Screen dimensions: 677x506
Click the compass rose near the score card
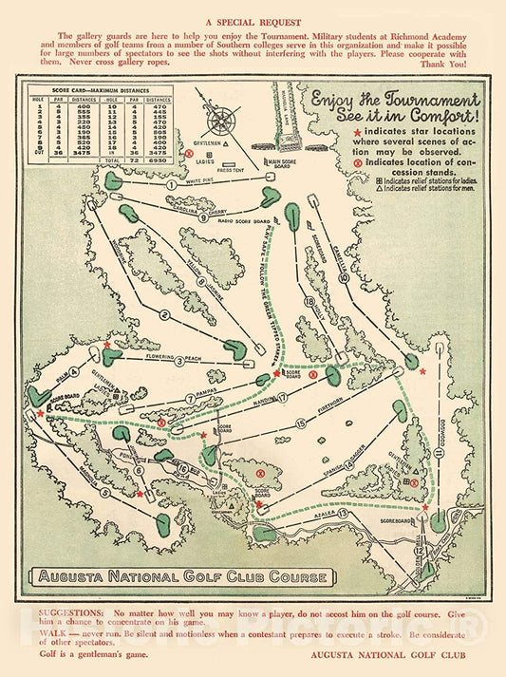coord(223,121)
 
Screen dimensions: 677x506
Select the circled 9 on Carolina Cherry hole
coord(203,216)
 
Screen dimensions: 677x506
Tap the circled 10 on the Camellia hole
coord(343,278)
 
